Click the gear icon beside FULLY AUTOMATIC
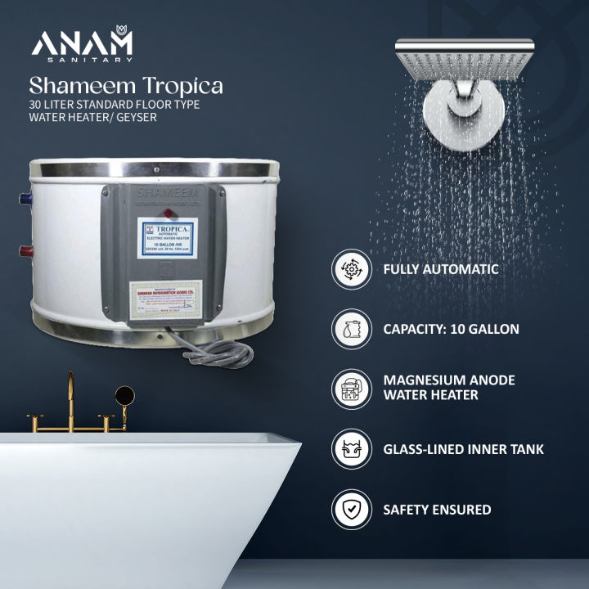[352, 268]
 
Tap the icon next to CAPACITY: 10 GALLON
[352, 329]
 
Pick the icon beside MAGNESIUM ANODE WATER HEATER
[352, 388]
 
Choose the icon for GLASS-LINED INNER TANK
[352, 448]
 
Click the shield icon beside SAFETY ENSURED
[352, 509]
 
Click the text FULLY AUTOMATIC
[441, 268]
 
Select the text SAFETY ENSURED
[437, 509]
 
